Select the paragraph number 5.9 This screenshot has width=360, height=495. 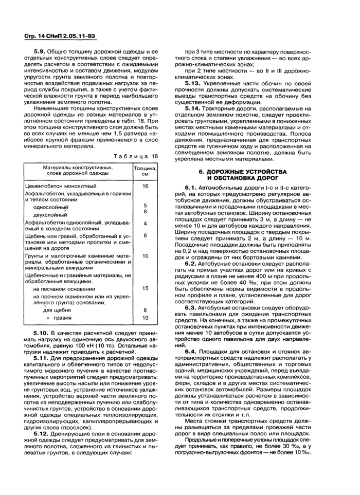pos(41,52)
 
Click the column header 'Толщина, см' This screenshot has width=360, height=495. pos(145,171)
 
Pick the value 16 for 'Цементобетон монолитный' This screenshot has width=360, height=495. pos(146,186)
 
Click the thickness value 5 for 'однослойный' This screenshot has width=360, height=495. pos(146,206)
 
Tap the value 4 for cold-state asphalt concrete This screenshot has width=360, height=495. pos(146,224)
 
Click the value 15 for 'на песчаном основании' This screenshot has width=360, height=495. pos(146,288)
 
